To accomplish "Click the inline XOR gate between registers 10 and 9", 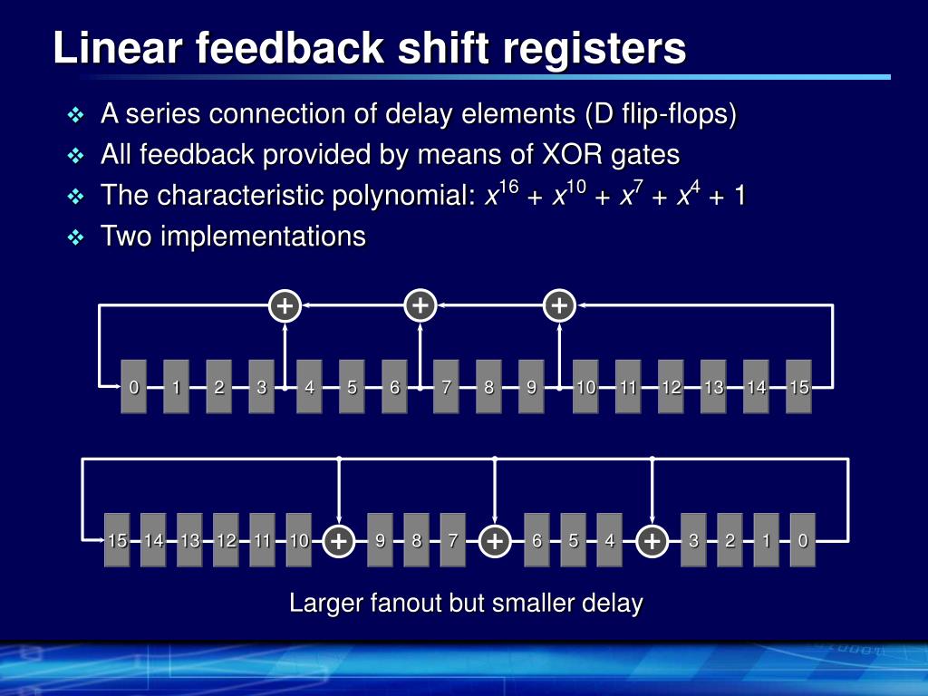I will pyautogui.click(x=338, y=541).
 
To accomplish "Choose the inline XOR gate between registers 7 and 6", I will pyautogui.click(x=495, y=541).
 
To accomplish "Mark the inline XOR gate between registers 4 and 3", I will pyautogui.click(x=652, y=541).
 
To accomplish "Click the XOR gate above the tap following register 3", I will pyautogui.click(x=285, y=306).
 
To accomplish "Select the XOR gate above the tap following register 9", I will pyautogui.click(x=559, y=306).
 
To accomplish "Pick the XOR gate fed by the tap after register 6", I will pyautogui.click(x=420, y=306).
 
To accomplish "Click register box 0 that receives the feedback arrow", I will pyautogui.click(x=134, y=387).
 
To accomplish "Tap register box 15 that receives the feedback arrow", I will pyautogui.click(x=117, y=541).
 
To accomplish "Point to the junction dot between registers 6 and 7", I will pyautogui.click(x=420, y=388).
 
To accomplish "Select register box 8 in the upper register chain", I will pyautogui.click(x=488, y=387).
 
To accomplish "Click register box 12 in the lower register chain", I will pyautogui.click(x=226, y=541).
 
